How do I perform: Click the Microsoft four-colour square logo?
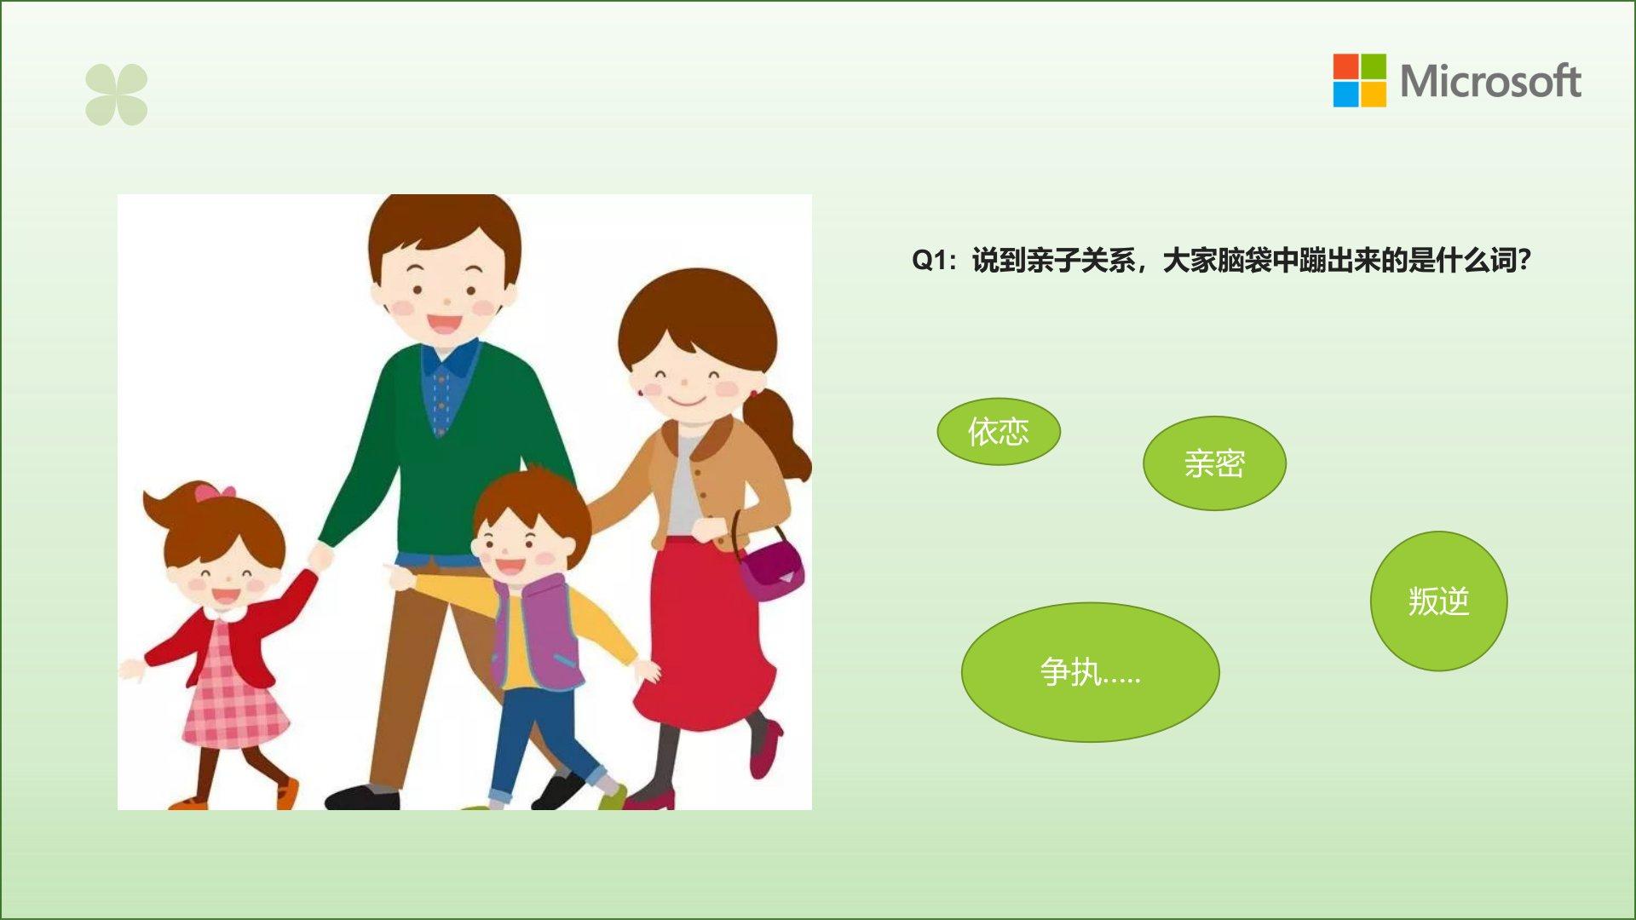click(x=1359, y=81)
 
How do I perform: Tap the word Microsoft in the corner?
click(x=1490, y=82)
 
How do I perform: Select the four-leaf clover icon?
click(x=117, y=95)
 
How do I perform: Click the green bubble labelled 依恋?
click(x=999, y=432)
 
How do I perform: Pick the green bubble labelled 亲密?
click(x=1214, y=463)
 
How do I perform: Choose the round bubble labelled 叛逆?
click(x=1438, y=601)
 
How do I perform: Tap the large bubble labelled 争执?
click(x=1090, y=672)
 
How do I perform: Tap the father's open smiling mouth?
click(x=444, y=324)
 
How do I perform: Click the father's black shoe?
click(x=362, y=797)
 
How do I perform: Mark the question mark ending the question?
click(x=1524, y=261)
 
